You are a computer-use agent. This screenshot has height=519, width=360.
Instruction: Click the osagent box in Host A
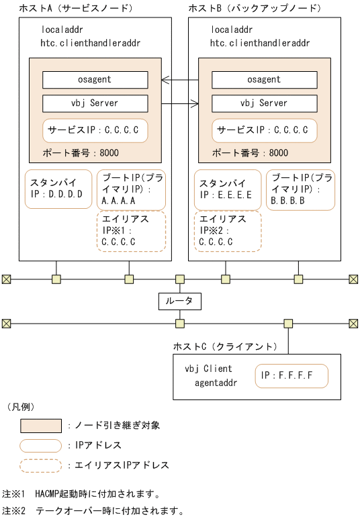95,80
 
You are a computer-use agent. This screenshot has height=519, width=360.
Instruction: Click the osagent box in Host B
264,80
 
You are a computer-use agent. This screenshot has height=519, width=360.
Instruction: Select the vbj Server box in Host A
95,103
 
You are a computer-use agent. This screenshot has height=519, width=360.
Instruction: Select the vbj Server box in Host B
264,103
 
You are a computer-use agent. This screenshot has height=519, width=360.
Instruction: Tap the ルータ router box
179,301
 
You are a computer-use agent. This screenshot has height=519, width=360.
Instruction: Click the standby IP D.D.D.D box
58,189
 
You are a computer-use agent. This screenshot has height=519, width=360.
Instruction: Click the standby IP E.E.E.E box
227,189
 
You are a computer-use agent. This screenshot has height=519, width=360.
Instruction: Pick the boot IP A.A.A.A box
131,189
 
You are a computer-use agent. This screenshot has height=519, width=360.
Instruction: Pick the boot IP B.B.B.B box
300,189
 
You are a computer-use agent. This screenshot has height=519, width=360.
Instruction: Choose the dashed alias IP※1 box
131,231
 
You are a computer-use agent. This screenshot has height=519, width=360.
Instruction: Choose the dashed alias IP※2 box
227,231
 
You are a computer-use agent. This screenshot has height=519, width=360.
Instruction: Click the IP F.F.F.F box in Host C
291,375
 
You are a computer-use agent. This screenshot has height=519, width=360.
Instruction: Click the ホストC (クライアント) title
225,346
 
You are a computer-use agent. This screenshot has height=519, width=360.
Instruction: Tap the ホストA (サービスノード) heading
76,8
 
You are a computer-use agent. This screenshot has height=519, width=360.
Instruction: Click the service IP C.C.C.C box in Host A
95,130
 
